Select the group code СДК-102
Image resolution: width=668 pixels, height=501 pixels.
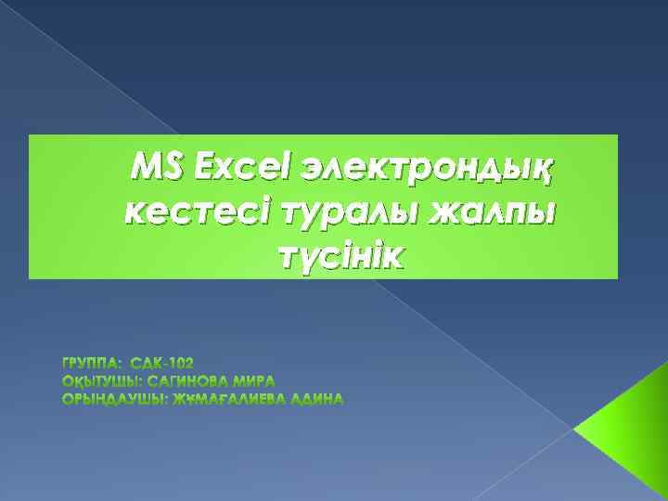(x=162, y=360)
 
